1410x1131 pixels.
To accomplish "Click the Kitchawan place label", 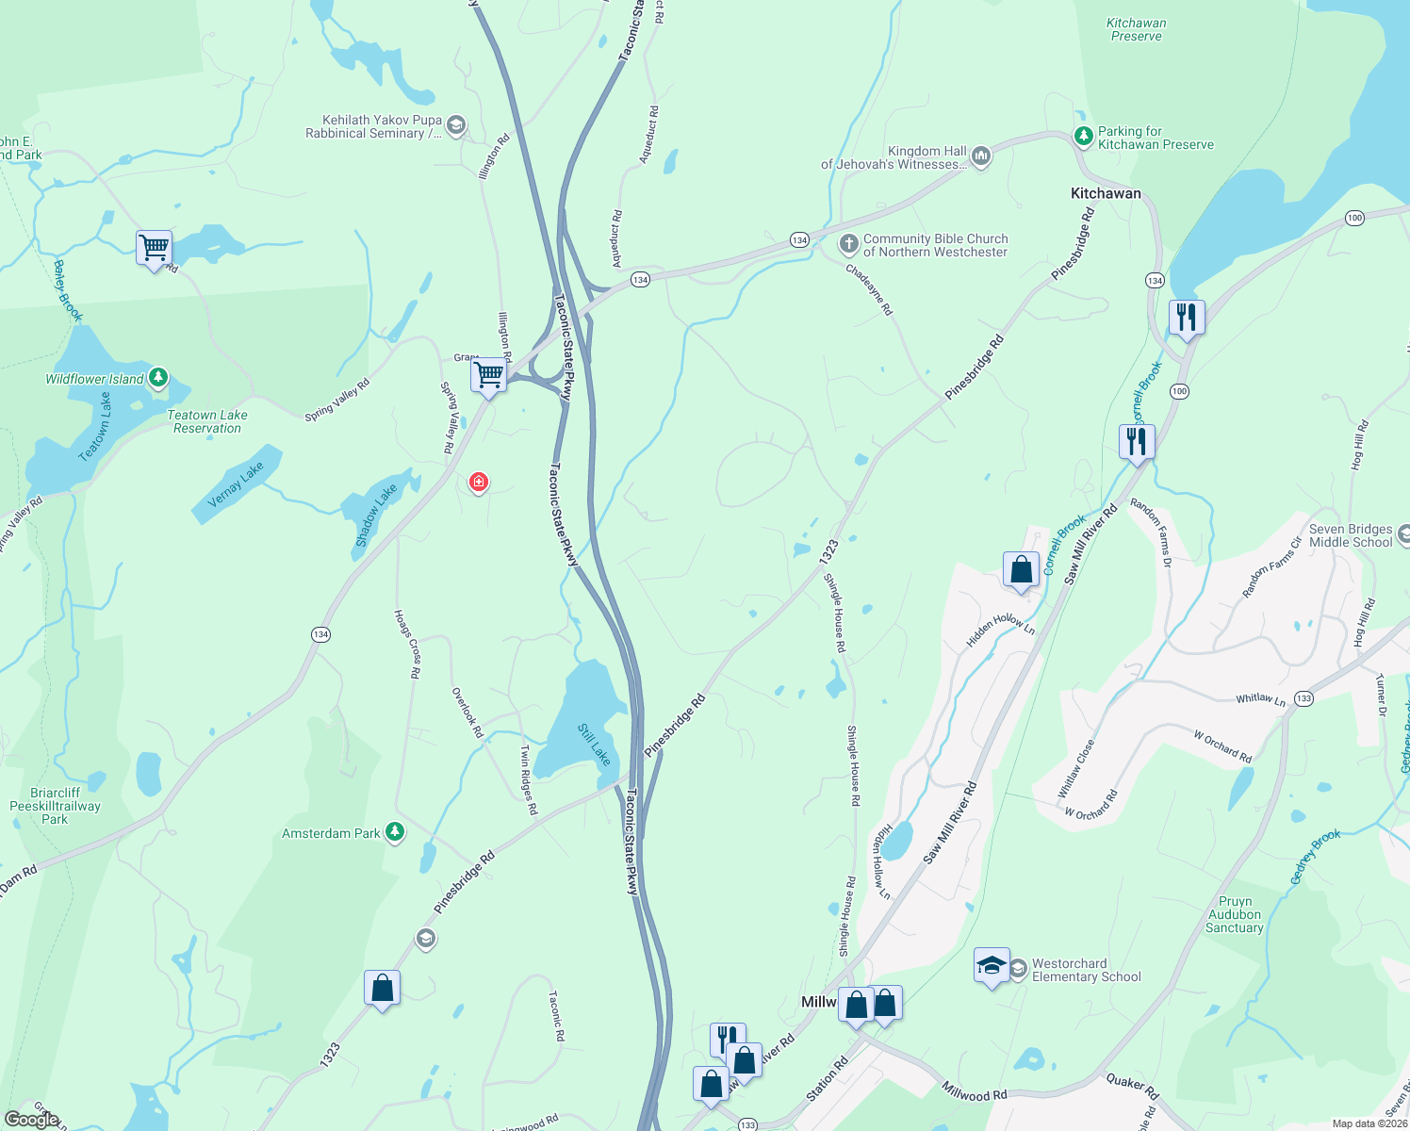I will [1106, 193].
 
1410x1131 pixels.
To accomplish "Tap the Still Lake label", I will [594, 745].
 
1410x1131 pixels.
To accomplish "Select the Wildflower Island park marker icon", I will [158, 378].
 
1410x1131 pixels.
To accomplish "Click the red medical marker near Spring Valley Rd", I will [479, 483].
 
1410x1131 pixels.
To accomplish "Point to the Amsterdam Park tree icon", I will [396, 832].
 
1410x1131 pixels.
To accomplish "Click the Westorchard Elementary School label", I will [1086, 970].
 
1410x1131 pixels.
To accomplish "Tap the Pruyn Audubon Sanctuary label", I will [1235, 914].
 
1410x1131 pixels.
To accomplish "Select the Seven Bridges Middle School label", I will [1350, 535].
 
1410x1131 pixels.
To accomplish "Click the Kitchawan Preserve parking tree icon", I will [1083, 138].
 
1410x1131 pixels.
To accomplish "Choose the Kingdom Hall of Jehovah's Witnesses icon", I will [980, 156].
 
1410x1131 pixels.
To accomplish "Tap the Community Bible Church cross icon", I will [848, 245].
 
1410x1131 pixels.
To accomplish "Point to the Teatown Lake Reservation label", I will [207, 421].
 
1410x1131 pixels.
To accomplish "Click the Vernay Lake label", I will [236, 484].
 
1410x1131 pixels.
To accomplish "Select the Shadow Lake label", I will [376, 516].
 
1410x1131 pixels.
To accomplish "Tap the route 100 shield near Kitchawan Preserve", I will [1354, 218].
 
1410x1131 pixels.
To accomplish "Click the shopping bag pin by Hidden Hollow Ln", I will [1021, 570].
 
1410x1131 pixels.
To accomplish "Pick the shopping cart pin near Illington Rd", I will [489, 375].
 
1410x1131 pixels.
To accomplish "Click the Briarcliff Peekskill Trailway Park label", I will [55, 806].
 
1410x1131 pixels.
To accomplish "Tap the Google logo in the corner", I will [31, 1120].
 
